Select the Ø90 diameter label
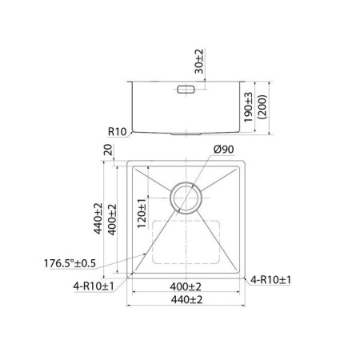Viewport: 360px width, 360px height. tap(223, 150)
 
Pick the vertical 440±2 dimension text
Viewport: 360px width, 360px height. tap(98, 218)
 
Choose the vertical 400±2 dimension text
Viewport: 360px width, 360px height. tap(113, 218)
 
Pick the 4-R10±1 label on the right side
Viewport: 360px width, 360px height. tap(271, 279)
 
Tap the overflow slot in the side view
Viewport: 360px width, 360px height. tap(183, 89)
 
